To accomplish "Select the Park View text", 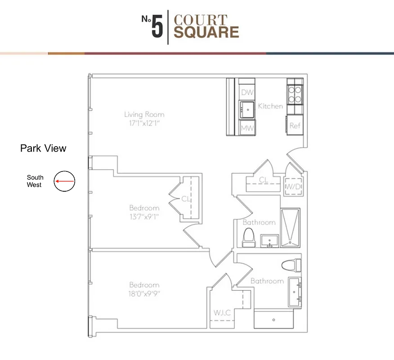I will pos(43,148).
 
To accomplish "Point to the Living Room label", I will pos(144,114).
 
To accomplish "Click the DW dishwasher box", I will pos(247,92).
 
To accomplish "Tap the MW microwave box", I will pos(247,128).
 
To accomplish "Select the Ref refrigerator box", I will pos(295,126).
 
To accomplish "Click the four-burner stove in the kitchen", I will pos(295,94).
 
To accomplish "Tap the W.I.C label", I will pos(223,312).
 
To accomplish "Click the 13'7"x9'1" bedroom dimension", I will pos(144,216).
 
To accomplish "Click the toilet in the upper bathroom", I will pos(249,237).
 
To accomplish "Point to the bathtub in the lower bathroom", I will pos(274,319).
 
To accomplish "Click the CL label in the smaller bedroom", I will pos(185,198).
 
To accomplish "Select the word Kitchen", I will pos(270,106).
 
